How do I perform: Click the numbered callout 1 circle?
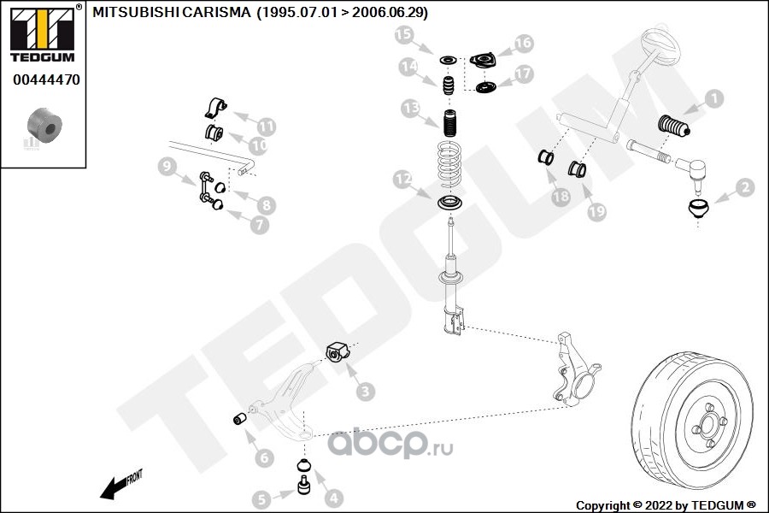[x=713, y=99]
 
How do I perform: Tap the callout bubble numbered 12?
[x=402, y=180]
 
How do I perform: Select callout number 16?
[x=523, y=43]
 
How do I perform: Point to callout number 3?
[x=366, y=392]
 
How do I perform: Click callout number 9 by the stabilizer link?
[x=166, y=168]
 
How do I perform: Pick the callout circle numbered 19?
[x=596, y=209]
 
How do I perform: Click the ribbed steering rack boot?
[x=675, y=133]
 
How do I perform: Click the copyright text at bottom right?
[x=666, y=504]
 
